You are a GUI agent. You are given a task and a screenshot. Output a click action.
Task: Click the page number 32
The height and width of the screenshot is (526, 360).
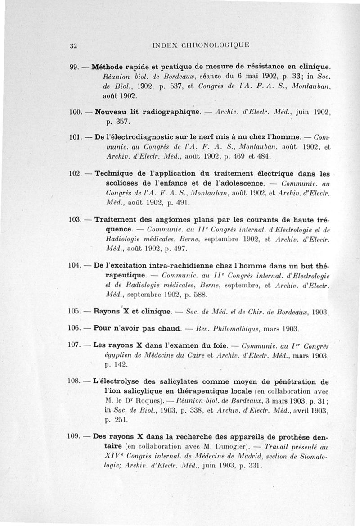[74, 45]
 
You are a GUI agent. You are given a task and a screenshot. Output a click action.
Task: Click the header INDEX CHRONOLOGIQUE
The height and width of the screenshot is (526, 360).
[201, 45]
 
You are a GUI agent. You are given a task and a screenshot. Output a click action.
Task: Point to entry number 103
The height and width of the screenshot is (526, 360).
[74, 220]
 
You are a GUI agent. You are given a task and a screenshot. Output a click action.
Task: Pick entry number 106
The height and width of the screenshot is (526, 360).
[73, 327]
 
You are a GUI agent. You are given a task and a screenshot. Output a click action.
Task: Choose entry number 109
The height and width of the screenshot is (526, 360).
[73, 436]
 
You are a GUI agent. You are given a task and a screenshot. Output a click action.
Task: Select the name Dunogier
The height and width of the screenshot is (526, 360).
[223, 447]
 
